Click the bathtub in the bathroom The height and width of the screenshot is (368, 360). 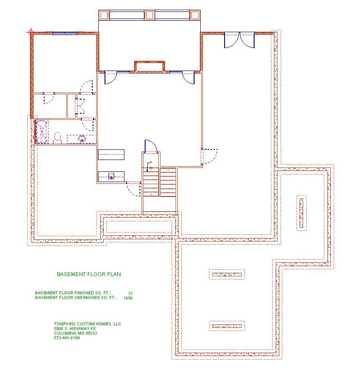[x=41, y=131]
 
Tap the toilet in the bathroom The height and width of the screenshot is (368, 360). [x=57, y=138]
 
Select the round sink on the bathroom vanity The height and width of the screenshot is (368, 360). [x=82, y=139]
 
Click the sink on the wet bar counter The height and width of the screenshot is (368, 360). [x=111, y=176]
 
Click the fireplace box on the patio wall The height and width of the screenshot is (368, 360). [x=150, y=67]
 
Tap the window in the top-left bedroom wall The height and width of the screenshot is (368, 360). [x=65, y=33]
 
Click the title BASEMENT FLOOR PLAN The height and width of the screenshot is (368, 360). [x=89, y=274]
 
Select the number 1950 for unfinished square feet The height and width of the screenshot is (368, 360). [x=128, y=298]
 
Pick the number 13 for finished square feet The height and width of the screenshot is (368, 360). [x=130, y=293]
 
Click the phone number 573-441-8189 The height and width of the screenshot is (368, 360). [x=67, y=338]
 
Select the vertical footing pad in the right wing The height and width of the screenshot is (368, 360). [x=301, y=213]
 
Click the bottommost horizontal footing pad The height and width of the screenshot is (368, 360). [x=227, y=326]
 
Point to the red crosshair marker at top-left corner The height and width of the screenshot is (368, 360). [x=31, y=32]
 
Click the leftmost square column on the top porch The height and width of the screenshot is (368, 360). [x=104, y=15]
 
